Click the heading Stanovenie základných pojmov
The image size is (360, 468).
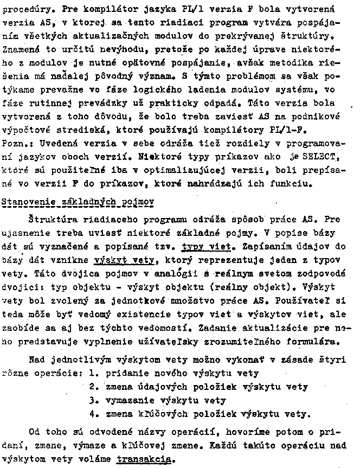pyautogui.click(x=79, y=202)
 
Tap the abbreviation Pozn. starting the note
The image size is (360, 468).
pyautogui.click(x=16, y=144)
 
